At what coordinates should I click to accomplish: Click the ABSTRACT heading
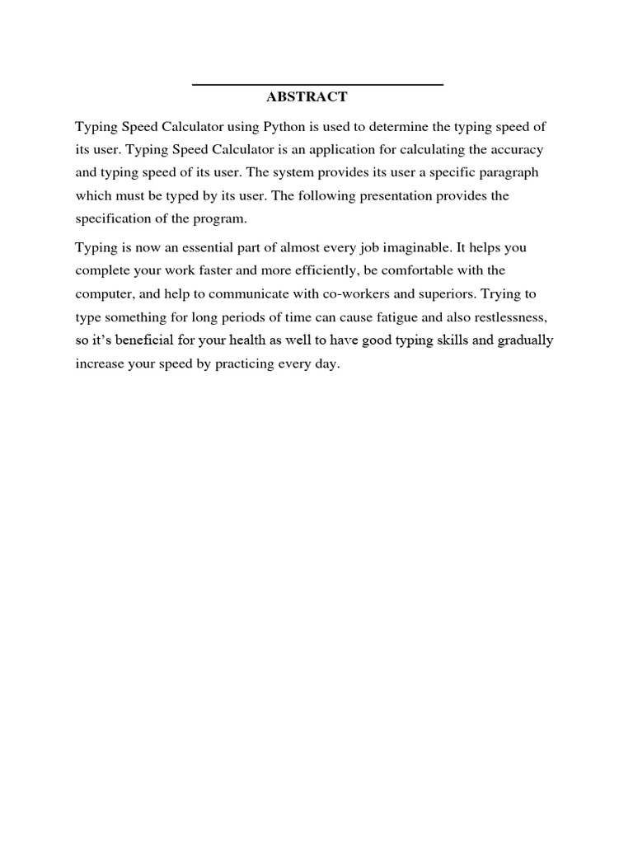[x=307, y=97]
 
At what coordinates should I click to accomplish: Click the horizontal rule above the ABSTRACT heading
[x=317, y=85]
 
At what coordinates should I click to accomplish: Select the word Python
[x=284, y=127]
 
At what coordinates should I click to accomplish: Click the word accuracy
[x=518, y=150]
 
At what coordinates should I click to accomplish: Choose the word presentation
[x=392, y=196]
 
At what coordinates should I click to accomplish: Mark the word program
[x=221, y=219]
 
